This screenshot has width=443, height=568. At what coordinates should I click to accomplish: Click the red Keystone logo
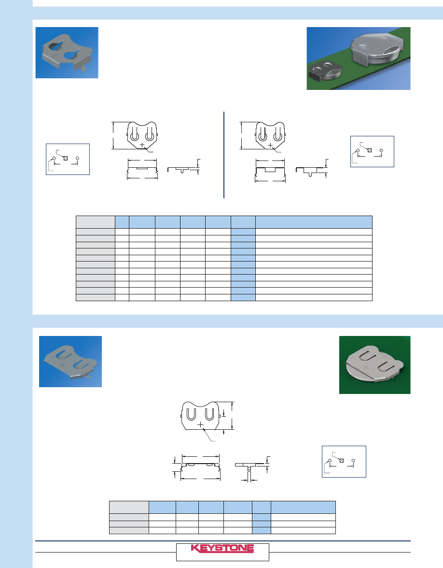(x=222, y=548)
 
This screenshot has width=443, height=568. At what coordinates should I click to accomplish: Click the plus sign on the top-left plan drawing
(x=142, y=145)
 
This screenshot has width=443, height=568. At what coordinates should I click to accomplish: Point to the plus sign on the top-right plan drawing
(x=270, y=145)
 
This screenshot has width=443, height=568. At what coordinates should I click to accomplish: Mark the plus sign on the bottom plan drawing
(x=200, y=424)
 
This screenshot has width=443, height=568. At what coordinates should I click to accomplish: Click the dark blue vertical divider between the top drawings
(x=224, y=155)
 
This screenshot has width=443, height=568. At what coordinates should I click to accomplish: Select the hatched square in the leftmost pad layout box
(x=66, y=158)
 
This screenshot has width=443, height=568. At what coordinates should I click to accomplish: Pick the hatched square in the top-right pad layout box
(x=370, y=150)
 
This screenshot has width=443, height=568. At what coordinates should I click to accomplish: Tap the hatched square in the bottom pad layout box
(x=341, y=460)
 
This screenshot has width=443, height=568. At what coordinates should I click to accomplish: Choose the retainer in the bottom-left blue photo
(x=70, y=362)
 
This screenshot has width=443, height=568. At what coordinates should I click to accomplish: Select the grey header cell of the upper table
(x=96, y=222)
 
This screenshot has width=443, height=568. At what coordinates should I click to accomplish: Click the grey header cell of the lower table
(x=129, y=507)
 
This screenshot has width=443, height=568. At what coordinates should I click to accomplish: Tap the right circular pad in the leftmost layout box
(x=77, y=158)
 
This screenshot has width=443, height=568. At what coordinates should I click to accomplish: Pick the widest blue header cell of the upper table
(x=314, y=222)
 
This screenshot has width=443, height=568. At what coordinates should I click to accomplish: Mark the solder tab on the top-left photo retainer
(x=83, y=69)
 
